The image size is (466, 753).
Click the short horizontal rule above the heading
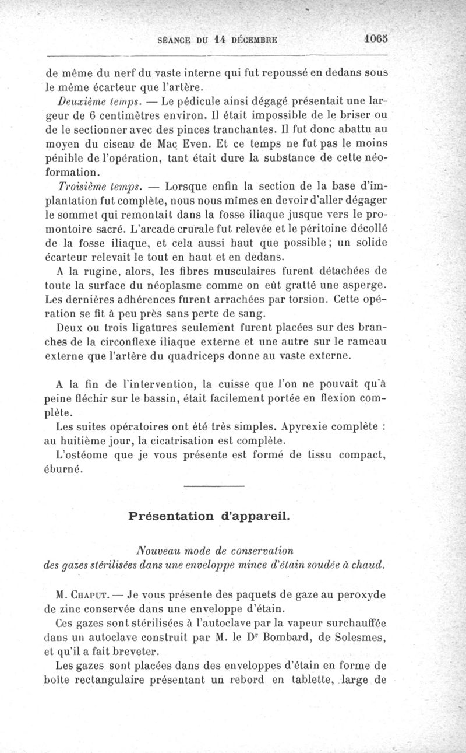213,486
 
